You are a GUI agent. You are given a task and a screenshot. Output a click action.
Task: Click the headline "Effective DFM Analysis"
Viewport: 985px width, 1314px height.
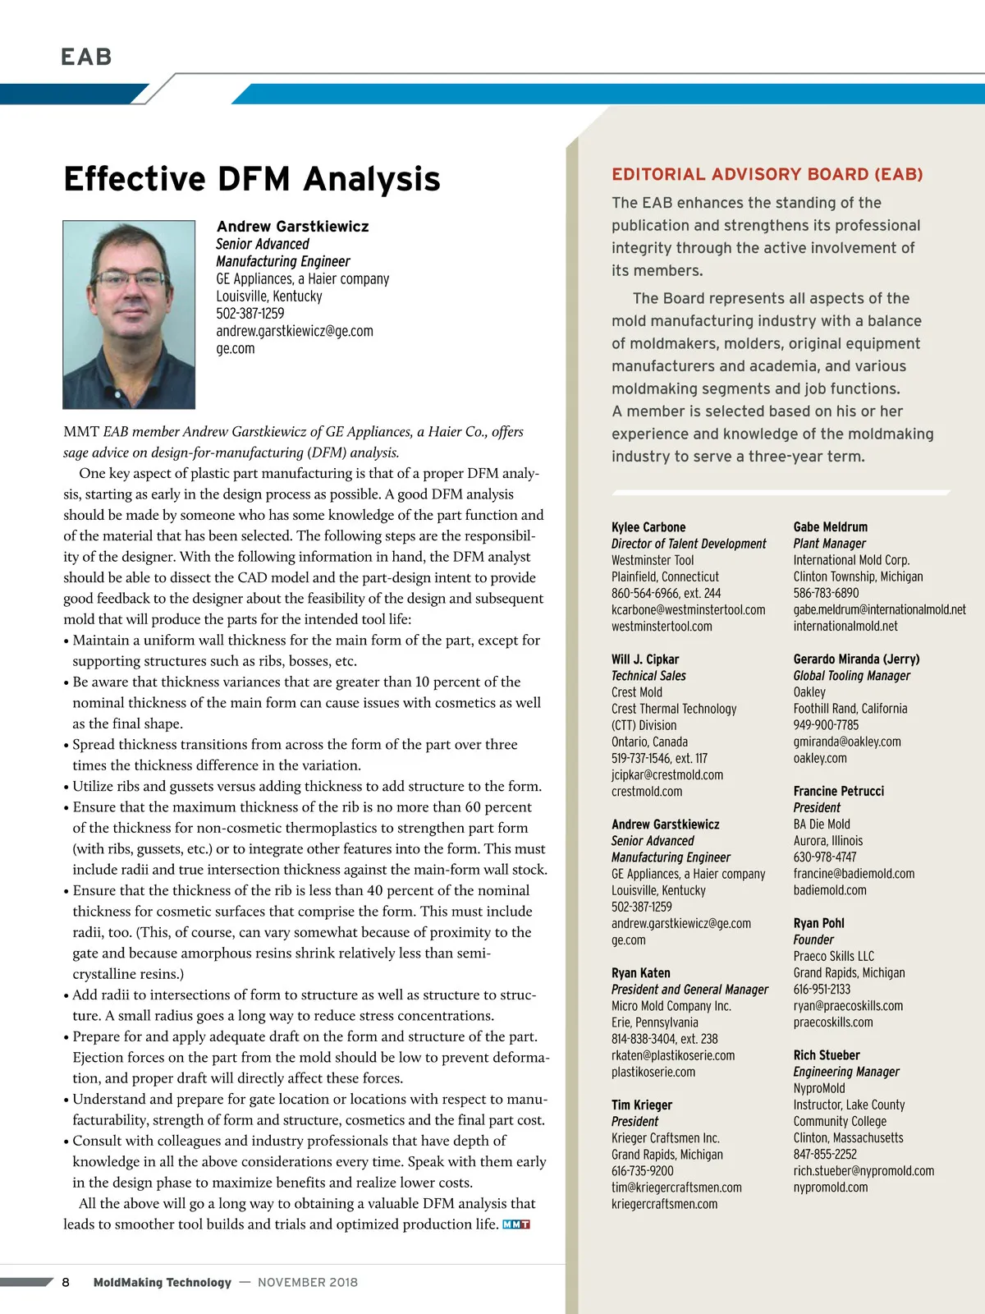tap(252, 179)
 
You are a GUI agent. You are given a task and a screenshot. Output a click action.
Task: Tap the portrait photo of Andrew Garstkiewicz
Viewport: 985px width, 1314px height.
tap(129, 315)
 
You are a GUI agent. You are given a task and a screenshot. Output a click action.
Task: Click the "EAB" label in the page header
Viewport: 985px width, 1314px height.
tap(86, 57)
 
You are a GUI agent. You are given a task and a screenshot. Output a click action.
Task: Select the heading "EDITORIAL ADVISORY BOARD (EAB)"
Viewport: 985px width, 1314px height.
tap(767, 174)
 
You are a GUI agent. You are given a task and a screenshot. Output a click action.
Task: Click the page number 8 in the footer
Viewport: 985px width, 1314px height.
tap(66, 1282)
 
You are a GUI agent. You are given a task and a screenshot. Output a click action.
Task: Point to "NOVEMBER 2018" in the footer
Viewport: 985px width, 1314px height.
tap(308, 1282)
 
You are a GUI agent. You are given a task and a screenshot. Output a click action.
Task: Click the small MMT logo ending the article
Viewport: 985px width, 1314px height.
tap(516, 1224)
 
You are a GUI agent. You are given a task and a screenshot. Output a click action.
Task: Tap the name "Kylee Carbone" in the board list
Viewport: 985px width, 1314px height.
tap(648, 527)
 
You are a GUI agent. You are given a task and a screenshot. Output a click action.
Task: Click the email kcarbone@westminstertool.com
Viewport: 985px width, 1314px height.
tap(688, 609)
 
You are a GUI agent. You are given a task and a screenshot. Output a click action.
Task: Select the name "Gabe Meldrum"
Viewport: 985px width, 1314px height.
tap(830, 527)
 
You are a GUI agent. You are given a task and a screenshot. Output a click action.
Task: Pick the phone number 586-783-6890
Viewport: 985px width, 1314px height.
tap(826, 593)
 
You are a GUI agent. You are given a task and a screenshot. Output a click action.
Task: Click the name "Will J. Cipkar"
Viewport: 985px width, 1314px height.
tap(645, 659)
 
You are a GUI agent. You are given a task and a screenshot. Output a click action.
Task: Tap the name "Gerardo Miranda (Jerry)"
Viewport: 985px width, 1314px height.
tap(856, 659)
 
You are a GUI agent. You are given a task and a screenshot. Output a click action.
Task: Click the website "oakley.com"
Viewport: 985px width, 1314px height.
tap(820, 758)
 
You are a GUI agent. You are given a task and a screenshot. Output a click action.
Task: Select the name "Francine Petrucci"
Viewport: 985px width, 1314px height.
tap(839, 791)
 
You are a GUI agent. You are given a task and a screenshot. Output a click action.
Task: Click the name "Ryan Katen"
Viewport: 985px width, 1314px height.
tap(641, 973)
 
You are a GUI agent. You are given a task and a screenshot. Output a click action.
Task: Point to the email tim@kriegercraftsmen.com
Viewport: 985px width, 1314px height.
tap(676, 1188)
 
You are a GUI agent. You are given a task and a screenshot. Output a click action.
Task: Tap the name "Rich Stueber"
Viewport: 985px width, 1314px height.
tap(827, 1055)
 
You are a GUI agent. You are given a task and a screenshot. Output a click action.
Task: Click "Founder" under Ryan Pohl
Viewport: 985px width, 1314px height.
tap(813, 940)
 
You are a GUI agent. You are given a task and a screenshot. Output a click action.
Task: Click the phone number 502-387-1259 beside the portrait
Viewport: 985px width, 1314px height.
tap(250, 314)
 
